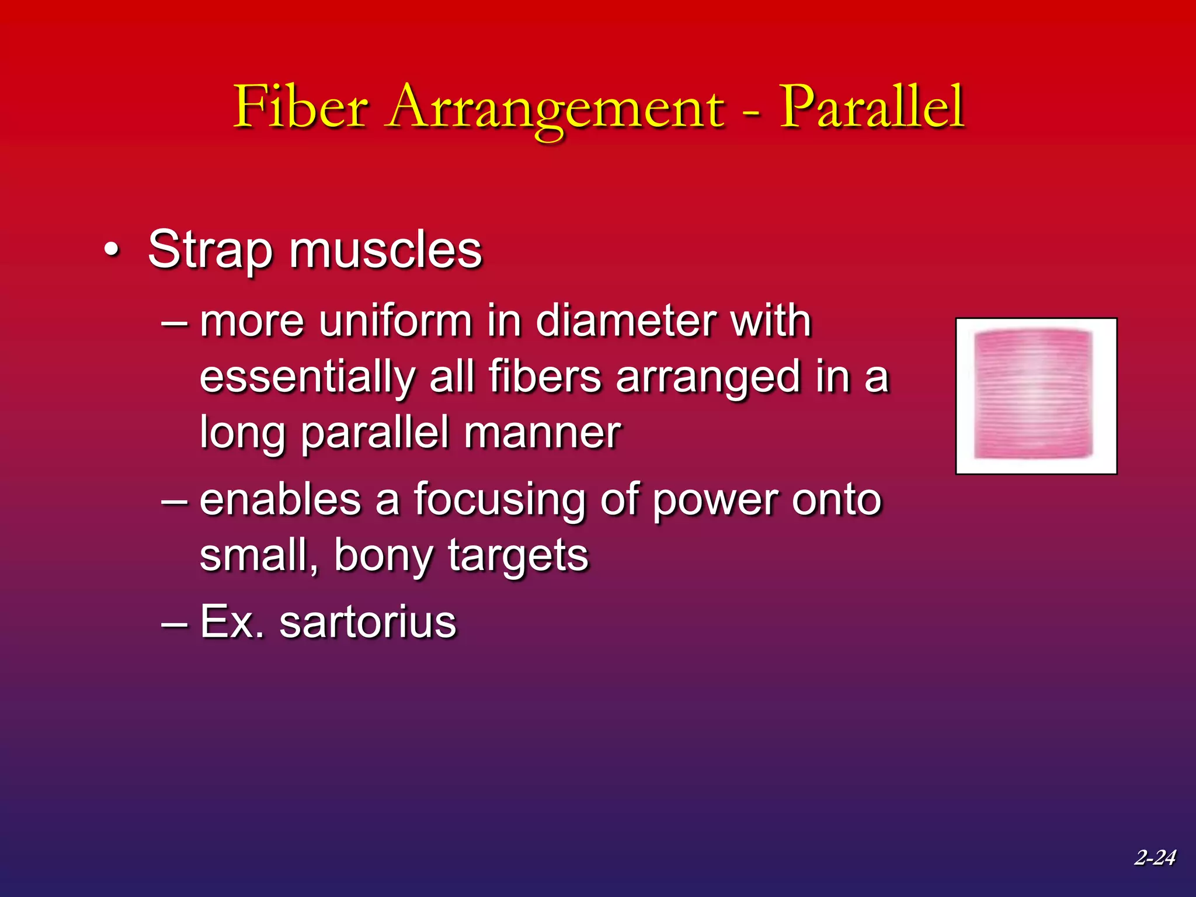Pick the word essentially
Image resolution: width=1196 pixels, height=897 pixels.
tap(307, 377)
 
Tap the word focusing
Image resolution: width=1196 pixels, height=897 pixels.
tap(499, 500)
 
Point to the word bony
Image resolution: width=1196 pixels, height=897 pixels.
tap(383, 556)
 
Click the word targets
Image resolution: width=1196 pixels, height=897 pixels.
tap(518, 556)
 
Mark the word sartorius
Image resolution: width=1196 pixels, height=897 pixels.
tap(367, 622)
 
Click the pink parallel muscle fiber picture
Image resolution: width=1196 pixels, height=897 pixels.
tap(1036, 396)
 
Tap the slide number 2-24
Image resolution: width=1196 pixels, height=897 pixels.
tap(1155, 857)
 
